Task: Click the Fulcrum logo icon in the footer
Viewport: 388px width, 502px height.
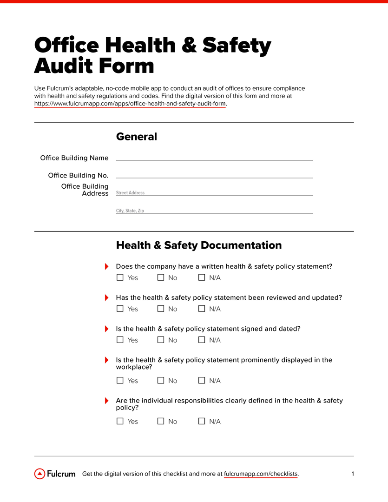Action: click(x=40, y=474)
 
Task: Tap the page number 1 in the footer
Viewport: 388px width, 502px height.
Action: click(x=353, y=474)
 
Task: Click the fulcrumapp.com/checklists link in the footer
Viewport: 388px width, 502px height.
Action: click(x=261, y=474)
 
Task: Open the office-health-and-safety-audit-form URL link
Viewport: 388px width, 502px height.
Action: click(x=130, y=104)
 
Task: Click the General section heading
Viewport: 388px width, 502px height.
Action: click(x=136, y=137)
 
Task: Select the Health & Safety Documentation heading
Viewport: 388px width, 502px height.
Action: click(x=198, y=245)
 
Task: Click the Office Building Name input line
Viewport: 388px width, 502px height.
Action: click(x=214, y=158)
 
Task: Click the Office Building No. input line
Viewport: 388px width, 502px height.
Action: click(x=214, y=175)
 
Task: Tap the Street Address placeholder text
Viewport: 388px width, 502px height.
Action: click(x=130, y=192)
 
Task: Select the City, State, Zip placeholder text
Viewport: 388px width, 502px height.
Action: click(x=130, y=211)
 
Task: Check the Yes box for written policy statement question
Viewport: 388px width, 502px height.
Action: click(x=120, y=277)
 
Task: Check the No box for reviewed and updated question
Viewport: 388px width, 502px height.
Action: click(x=161, y=309)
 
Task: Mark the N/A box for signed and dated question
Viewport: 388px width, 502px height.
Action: click(x=202, y=340)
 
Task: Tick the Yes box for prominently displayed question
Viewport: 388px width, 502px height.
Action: click(x=120, y=380)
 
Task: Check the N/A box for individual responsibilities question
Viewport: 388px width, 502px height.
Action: click(x=202, y=421)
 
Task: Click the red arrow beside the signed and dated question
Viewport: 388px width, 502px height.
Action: click(x=106, y=329)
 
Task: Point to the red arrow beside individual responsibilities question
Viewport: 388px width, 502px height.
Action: click(x=106, y=401)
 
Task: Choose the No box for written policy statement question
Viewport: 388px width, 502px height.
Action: click(x=161, y=277)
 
